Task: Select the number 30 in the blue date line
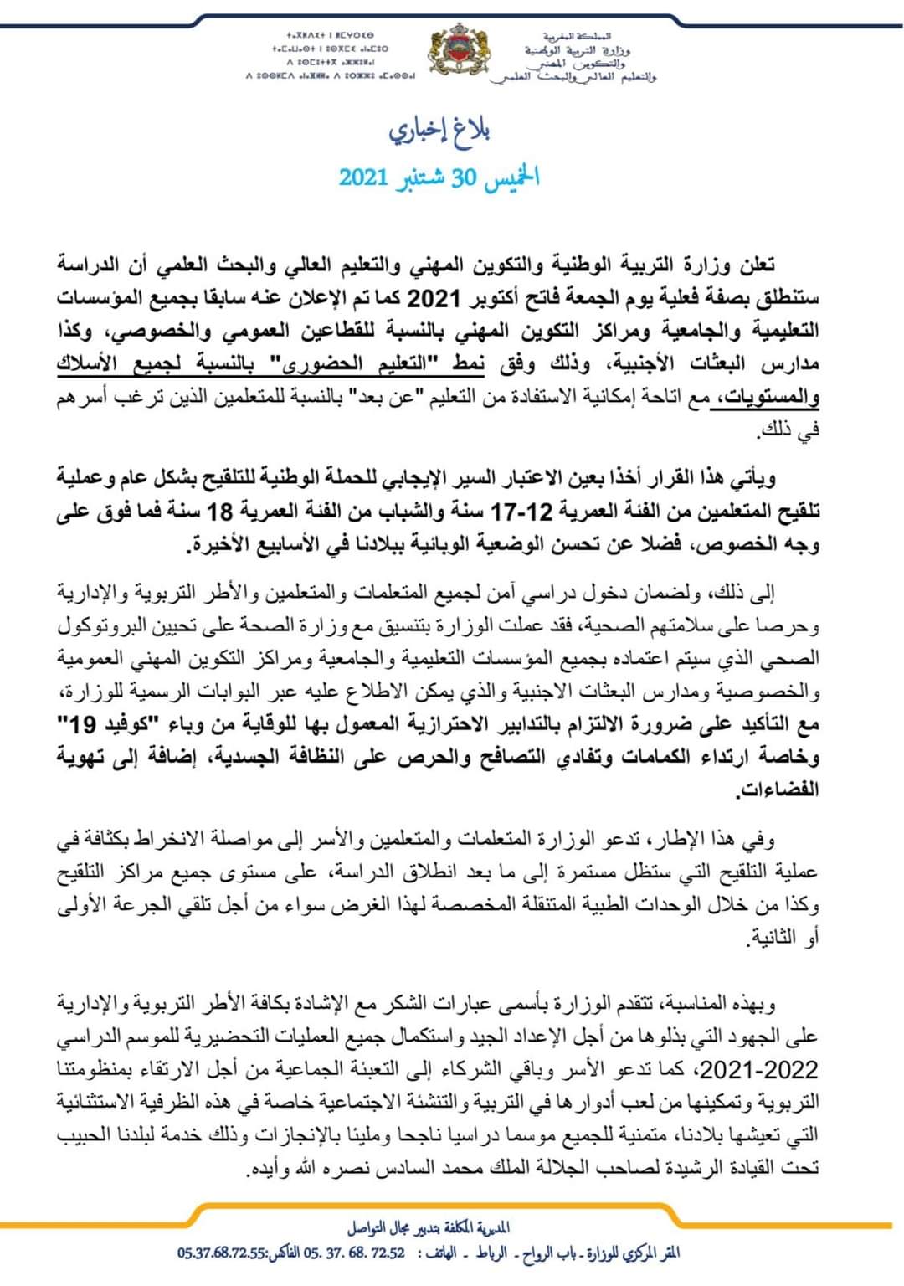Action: coord(463,178)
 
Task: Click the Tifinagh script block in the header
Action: coord(330,57)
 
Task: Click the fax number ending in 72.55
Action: coord(222,1253)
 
